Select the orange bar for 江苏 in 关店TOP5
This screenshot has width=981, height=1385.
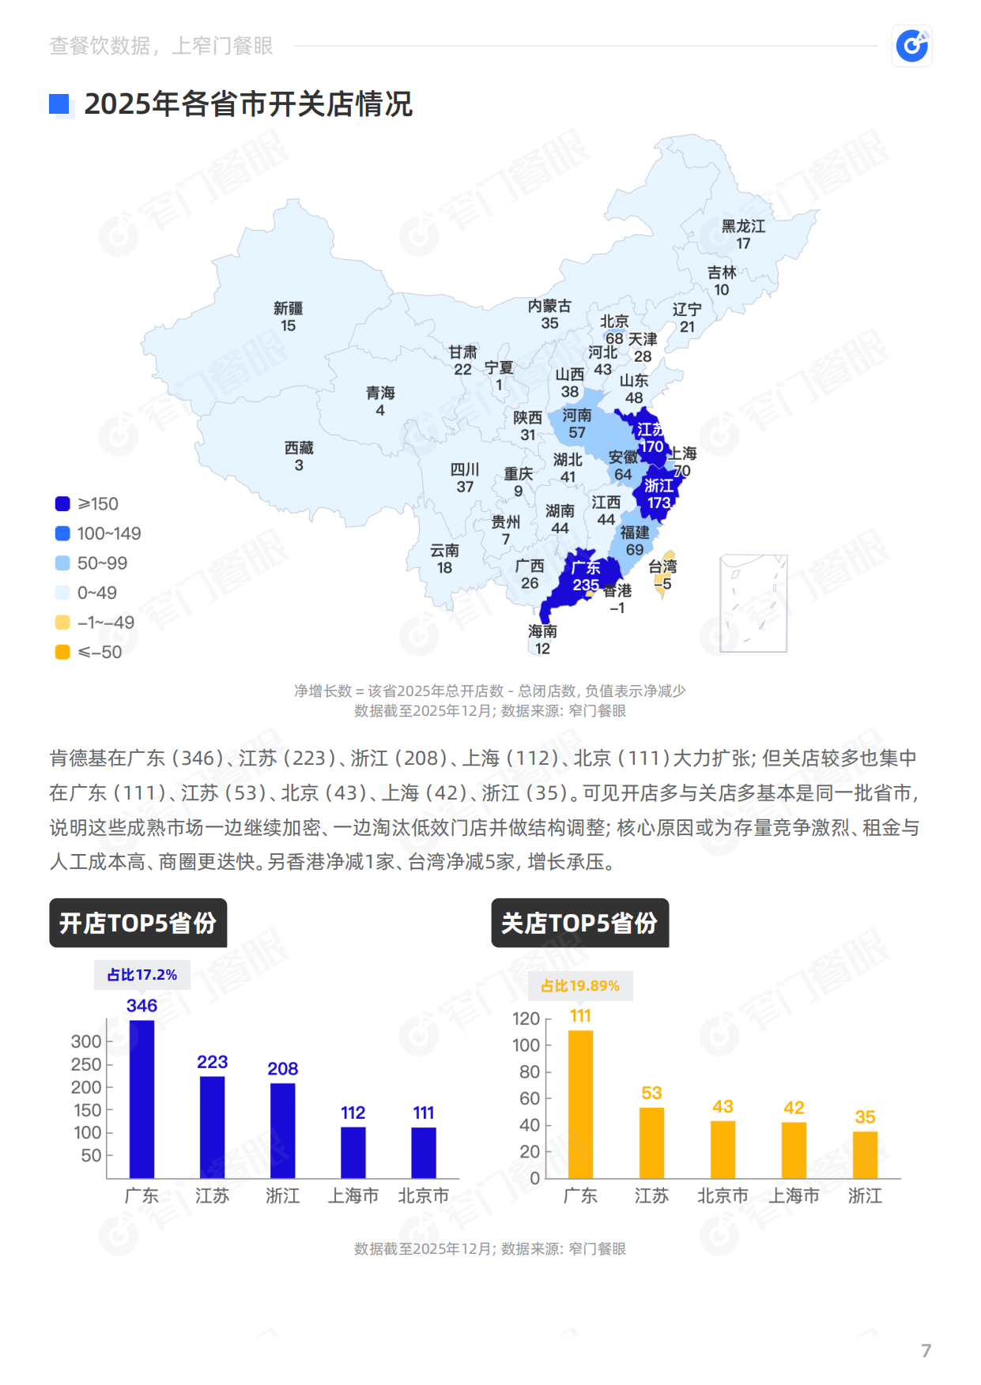point(651,1142)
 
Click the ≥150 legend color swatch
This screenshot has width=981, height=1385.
point(62,504)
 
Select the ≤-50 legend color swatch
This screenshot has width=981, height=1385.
point(62,652)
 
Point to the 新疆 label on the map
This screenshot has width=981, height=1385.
point(288,308)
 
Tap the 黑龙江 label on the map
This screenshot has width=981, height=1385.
point(743,227)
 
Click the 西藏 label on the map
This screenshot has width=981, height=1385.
point(299,448)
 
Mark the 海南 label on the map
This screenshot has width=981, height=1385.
point(542,631)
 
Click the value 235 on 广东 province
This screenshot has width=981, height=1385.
point(586,585)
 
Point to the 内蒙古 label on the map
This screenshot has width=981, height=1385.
point(549,306)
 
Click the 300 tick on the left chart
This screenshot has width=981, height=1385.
point(86,1041)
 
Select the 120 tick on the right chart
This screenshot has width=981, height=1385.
point(526,1018)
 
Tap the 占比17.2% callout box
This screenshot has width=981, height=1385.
point(142,975)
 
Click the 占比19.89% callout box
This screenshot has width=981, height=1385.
point(580,986)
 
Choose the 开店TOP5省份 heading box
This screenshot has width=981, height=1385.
point(138,923)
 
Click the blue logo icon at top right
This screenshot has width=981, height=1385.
point(912,46)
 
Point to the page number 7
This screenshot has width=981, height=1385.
point(926,1350)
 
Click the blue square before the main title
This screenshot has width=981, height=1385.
point(59,104)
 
